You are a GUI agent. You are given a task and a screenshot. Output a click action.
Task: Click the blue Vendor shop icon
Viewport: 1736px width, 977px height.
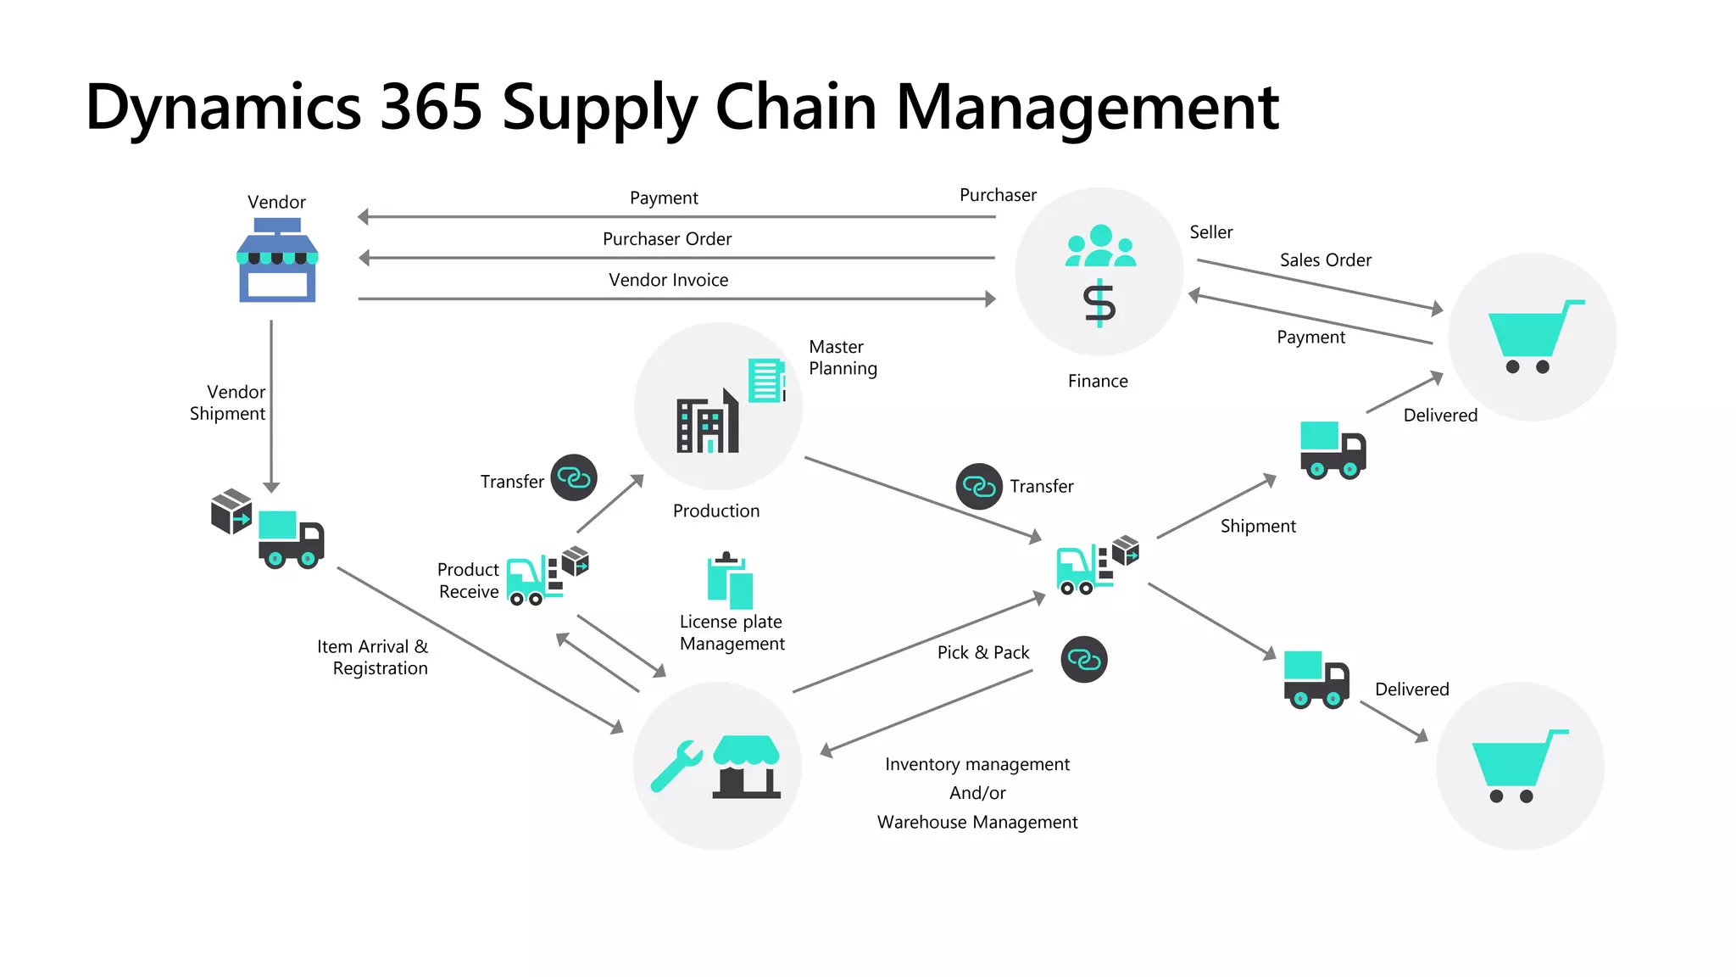[277, 260]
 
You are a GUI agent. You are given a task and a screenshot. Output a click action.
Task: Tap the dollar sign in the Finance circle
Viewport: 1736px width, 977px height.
[1099, 304]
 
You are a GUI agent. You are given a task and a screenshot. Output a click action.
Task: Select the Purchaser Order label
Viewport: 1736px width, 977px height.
[667, 239]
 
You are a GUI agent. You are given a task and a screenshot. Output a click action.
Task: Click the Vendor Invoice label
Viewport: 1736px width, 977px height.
[668, 280]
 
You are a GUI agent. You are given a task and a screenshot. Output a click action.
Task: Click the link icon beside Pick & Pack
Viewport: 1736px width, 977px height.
[1083, 660]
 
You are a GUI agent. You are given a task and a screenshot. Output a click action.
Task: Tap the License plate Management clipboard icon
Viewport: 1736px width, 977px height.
[730, 582]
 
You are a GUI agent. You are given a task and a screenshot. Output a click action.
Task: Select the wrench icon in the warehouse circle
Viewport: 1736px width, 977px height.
[676, 766]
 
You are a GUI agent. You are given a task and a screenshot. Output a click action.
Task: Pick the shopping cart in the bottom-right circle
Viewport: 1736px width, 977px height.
[1518, 766]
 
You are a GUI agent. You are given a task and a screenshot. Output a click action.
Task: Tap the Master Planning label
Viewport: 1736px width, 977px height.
[843, 357]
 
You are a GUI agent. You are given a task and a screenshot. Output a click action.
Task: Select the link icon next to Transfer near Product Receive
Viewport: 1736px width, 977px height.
[574, 477]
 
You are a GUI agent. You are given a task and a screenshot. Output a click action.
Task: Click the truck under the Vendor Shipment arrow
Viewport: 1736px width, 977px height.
[291, 539]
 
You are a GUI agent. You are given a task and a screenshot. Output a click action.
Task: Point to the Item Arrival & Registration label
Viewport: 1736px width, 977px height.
[373, 657]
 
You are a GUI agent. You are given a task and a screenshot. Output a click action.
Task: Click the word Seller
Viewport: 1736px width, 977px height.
[1210, 232]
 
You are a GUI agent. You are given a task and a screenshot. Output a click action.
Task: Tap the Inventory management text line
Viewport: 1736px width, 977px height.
[976, 764]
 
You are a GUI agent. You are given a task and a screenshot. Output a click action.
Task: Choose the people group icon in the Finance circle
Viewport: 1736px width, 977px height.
[1100, 247]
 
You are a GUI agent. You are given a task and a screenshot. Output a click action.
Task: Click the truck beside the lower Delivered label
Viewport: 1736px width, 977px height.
[1316, 679]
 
